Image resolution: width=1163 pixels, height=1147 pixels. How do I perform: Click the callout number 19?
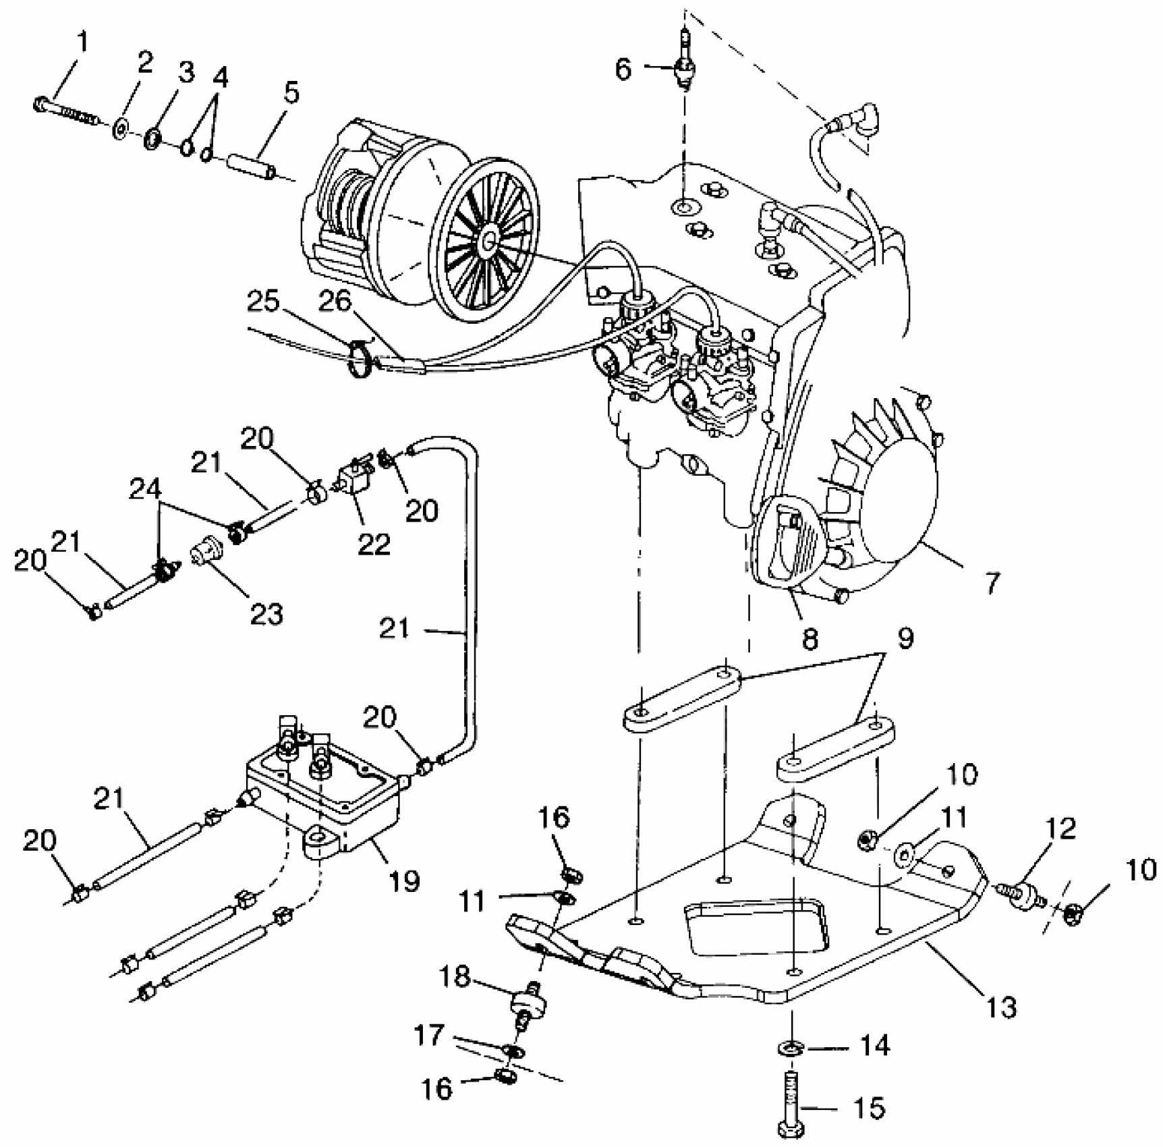[x=405, y=880]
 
